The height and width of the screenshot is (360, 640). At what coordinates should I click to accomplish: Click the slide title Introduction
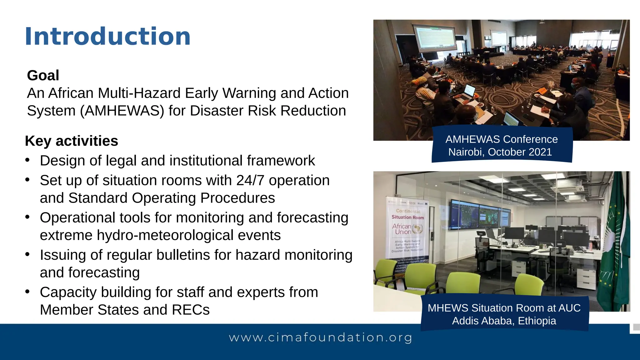(107, 37)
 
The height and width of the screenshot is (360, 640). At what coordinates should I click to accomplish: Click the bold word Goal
(43, 75)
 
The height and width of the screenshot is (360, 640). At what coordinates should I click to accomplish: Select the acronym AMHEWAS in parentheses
(122, 111)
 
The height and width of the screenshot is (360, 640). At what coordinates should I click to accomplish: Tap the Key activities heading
(71, 141)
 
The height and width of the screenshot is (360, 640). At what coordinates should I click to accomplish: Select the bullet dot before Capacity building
(27, 292)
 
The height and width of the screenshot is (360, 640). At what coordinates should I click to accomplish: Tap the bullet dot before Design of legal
(27, 160)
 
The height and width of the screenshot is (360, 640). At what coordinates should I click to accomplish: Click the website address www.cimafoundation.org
(320, 337)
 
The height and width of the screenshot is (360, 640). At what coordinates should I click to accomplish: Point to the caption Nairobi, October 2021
(500, 152)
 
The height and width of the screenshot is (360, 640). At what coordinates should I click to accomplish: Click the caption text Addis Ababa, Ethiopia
(504, 321)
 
